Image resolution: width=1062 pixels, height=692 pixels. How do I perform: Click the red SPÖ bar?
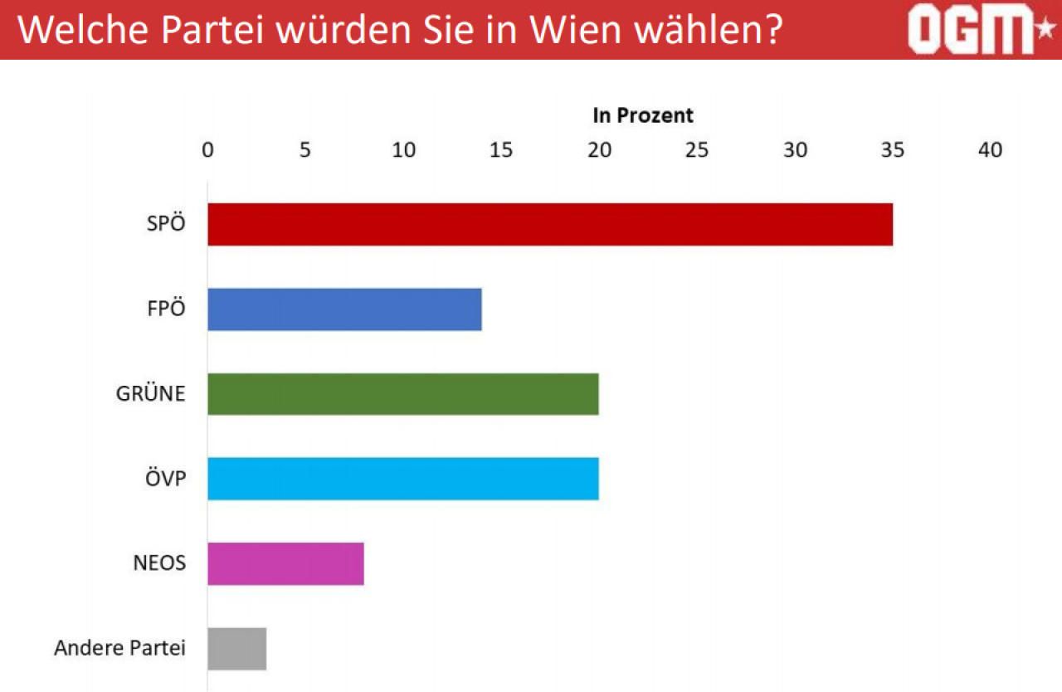click(x=549, y=224)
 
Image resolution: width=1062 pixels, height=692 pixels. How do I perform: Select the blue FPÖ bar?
click(x=344, y=309)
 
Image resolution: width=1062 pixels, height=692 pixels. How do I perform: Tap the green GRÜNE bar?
click(x=402, y=394)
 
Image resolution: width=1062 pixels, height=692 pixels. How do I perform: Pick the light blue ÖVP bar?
click(x=402, y=479)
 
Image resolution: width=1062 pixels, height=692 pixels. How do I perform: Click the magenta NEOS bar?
click(x=285, y=563)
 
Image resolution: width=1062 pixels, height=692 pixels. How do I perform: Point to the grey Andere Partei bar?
click(x=236, y=648)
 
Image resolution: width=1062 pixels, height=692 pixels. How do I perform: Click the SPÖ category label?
click(x=166, y=225)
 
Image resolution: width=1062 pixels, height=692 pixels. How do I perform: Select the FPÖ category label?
click(x=166, y=309)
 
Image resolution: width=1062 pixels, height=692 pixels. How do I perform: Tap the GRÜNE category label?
click(x=151, y=394)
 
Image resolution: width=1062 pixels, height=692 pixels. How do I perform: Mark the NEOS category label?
click(x=159, y=563)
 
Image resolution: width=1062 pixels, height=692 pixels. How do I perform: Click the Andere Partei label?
click(x=119, y=648)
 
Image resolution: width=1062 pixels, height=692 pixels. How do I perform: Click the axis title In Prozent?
click(x=643, y=115)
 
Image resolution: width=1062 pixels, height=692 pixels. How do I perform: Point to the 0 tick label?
click(x=207, y=150)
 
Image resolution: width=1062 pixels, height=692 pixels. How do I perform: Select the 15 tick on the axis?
click(x=501, y=150)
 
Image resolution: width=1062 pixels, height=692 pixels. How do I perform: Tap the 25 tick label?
click(x=697, y=150)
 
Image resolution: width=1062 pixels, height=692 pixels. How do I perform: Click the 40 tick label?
click(x=991, y=150)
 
